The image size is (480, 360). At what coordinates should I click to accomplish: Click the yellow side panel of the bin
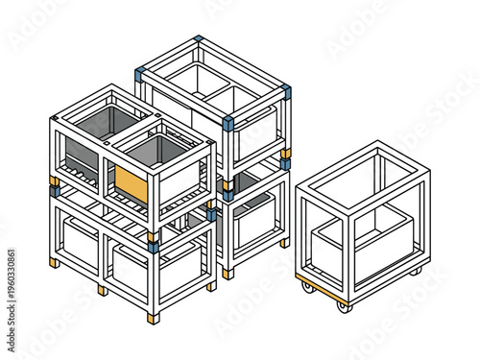[131, 182]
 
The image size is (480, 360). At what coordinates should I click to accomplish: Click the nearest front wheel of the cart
[342, 306]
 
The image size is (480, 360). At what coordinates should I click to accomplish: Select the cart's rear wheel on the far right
[415, 272]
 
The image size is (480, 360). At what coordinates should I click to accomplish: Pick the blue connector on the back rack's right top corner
[286, 92]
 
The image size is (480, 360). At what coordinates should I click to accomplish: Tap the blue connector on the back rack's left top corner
[140, 73]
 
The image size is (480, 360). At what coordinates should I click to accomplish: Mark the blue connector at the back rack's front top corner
[228, 123]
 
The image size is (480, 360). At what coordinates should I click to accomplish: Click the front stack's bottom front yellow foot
[152, 317]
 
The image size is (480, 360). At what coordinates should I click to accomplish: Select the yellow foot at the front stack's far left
[55, 262]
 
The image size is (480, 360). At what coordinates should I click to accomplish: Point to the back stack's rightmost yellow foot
[285, 243]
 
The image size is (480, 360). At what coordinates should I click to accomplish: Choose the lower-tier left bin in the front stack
[81, 240]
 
